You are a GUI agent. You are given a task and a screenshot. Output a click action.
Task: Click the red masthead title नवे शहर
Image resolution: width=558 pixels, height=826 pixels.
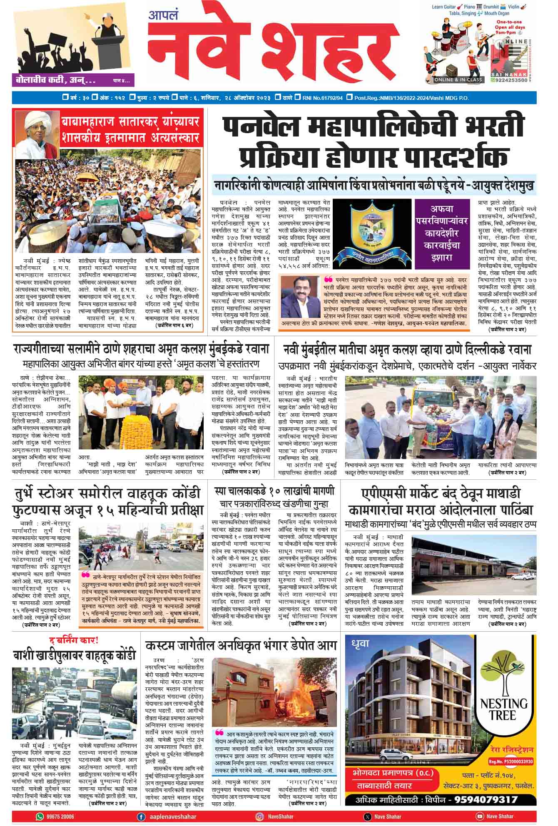point(273,48)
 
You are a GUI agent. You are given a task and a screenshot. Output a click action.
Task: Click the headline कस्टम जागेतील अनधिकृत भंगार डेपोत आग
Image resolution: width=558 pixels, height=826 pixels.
point(241,646)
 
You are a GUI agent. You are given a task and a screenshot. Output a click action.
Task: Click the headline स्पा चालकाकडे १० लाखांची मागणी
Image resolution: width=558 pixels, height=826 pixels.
point(275,491)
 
